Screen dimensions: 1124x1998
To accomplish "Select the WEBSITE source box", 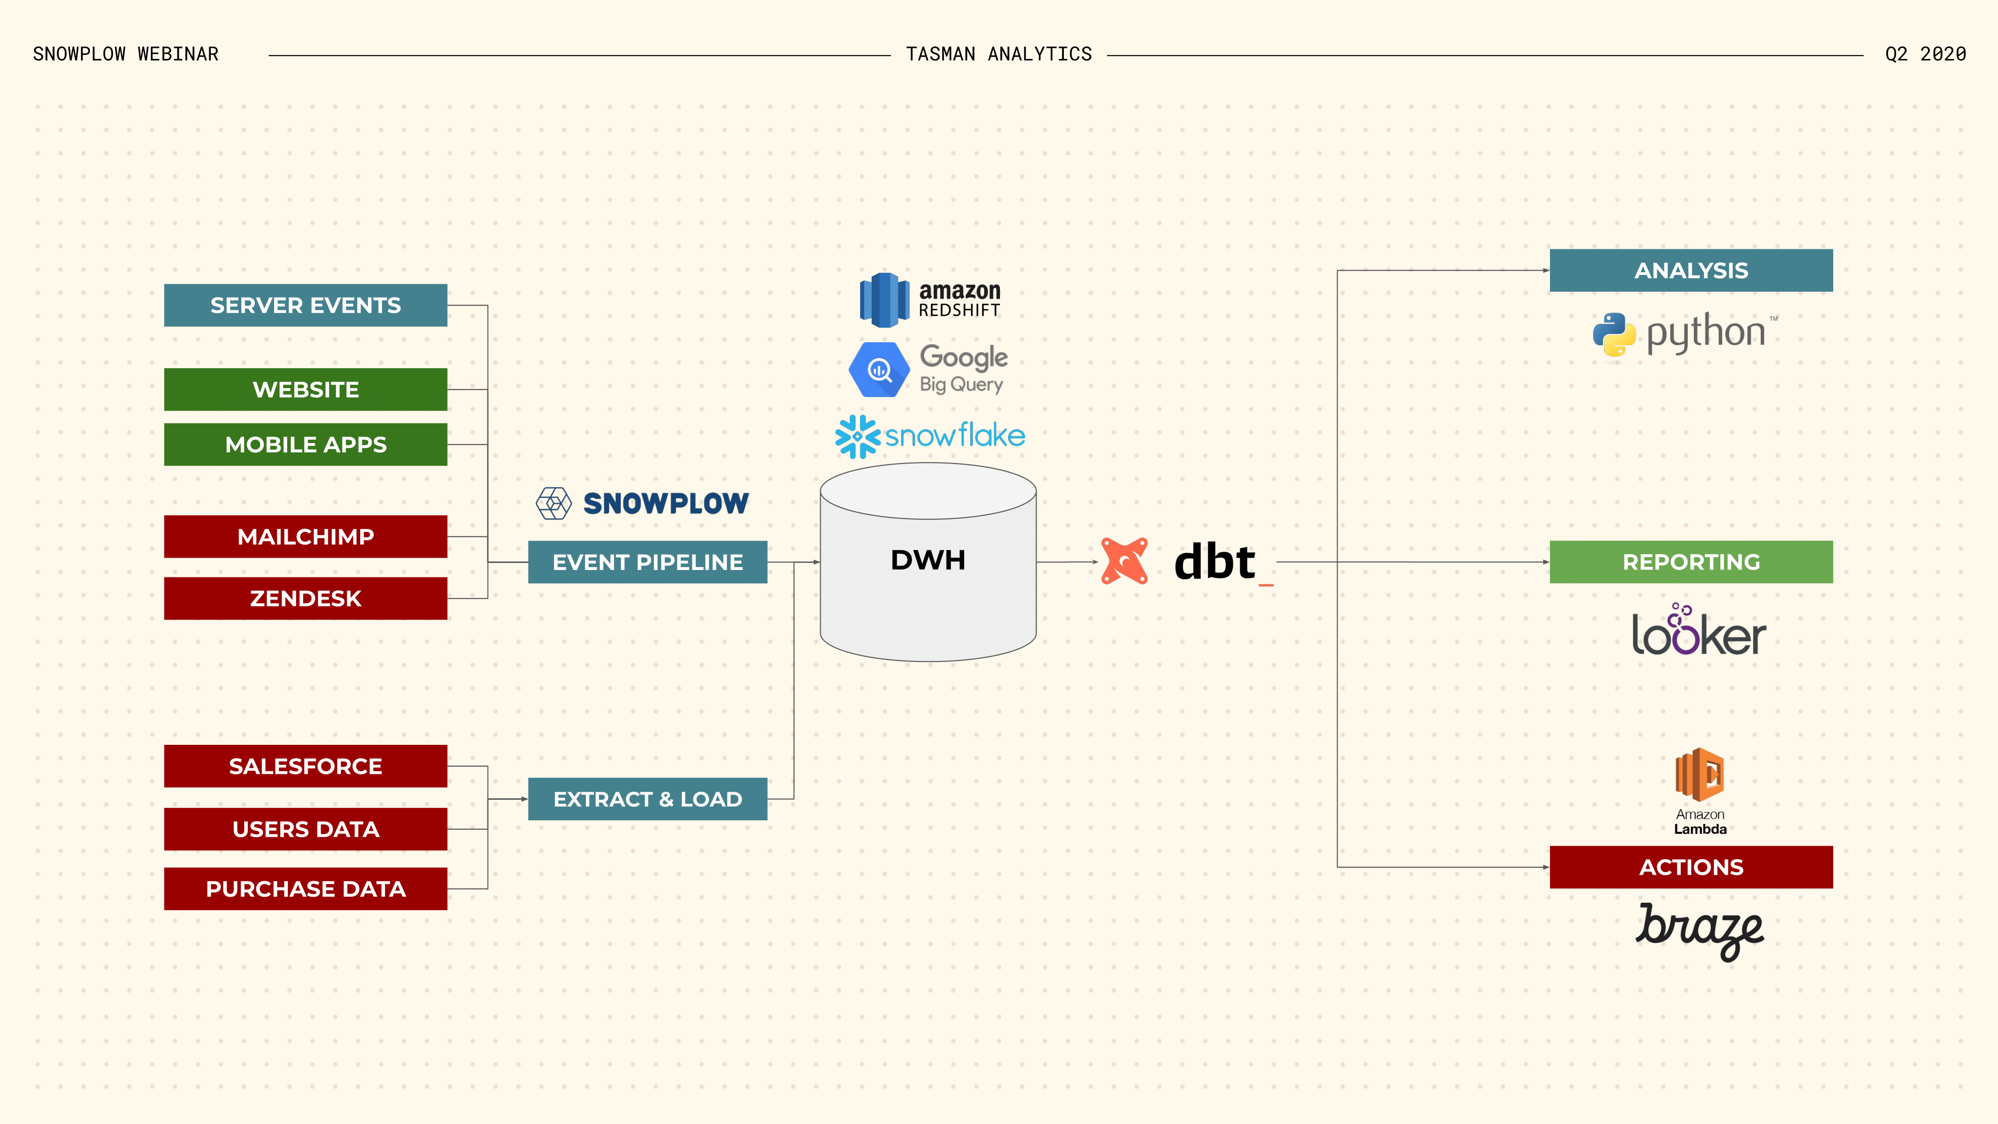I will tap(306, 390).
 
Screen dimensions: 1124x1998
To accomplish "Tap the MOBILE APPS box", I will tap(306, 445).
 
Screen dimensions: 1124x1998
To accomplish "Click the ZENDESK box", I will tap(306, 598).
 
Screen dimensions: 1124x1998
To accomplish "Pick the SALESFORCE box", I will tap(306, 766).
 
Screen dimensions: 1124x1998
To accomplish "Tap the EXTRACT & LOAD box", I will tap(648, 799).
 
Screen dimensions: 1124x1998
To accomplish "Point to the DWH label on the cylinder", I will tap(928, 560).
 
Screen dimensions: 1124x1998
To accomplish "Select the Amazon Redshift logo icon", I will tap(884, 300).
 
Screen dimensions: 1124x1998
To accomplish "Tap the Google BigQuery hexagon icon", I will tap(879, 370).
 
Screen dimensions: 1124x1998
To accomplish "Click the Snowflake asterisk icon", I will tap(857, 436).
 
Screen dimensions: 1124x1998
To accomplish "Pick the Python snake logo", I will tap(1614, 334).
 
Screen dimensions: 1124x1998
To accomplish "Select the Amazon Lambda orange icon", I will tap(1699, 774).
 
